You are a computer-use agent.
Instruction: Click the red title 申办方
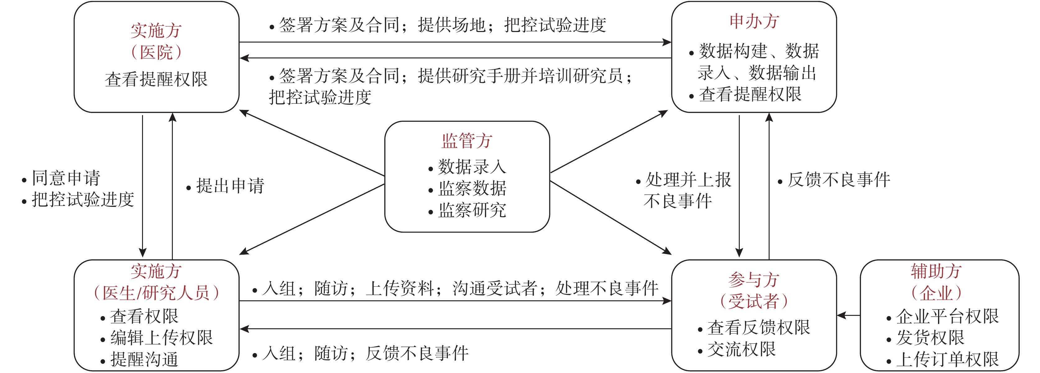(x=754, y=21)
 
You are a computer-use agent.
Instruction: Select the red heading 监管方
(x=467, y=141)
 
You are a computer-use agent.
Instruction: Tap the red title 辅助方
(x=936, y=271)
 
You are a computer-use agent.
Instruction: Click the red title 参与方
(x=754, y=280)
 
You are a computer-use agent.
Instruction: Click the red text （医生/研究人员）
(x=156, y=293)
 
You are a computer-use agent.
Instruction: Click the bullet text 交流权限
(x=742, y=349)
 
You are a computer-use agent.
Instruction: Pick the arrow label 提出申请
(x=230, y=186)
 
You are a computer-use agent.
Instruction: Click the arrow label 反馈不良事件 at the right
(x=839, y=180)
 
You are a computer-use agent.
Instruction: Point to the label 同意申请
(x=66, y=178)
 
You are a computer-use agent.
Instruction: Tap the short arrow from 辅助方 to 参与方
(x=848, y=315)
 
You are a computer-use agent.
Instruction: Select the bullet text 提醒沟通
(x=145, y=359)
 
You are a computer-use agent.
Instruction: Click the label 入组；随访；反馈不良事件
(x=366, y=353)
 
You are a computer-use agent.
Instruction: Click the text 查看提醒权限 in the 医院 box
(x=156, y=79)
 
